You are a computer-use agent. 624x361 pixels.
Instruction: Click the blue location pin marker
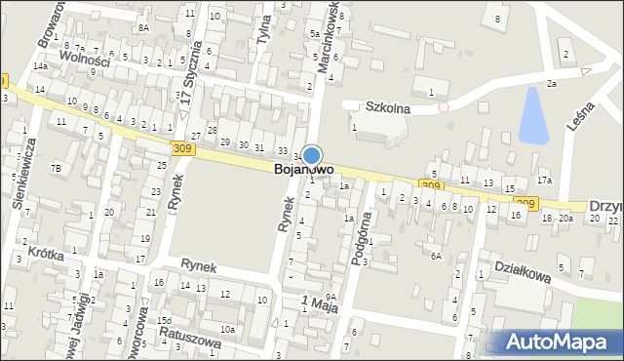pos(312,155)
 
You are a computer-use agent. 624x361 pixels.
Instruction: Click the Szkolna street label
pos(387,108)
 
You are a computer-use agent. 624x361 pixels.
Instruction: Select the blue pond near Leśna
pos(532,113)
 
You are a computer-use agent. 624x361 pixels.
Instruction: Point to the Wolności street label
pos(85,58)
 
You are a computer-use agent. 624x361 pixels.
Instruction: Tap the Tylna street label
pos(263,43)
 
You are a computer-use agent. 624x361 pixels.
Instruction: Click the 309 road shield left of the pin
pos(180,148)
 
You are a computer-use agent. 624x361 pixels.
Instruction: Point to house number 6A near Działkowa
pos(436,256)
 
